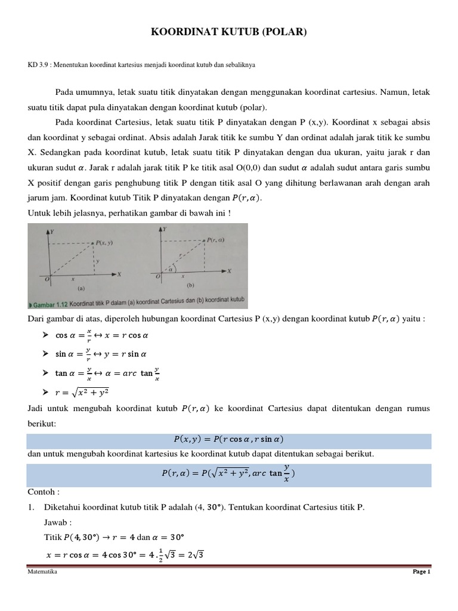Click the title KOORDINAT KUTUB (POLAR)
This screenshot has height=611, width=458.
tap(229, 32)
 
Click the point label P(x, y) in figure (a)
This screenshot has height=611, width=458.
tap(106, 242)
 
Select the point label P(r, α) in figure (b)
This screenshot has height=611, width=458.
tap(215, 240)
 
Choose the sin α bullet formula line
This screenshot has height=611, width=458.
tap(101, 354)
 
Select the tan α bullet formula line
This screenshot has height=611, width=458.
tap(107, 373)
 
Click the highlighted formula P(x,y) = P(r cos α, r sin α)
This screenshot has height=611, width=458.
tap(228, 439)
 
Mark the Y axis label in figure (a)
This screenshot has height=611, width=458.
tap(53, 230)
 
